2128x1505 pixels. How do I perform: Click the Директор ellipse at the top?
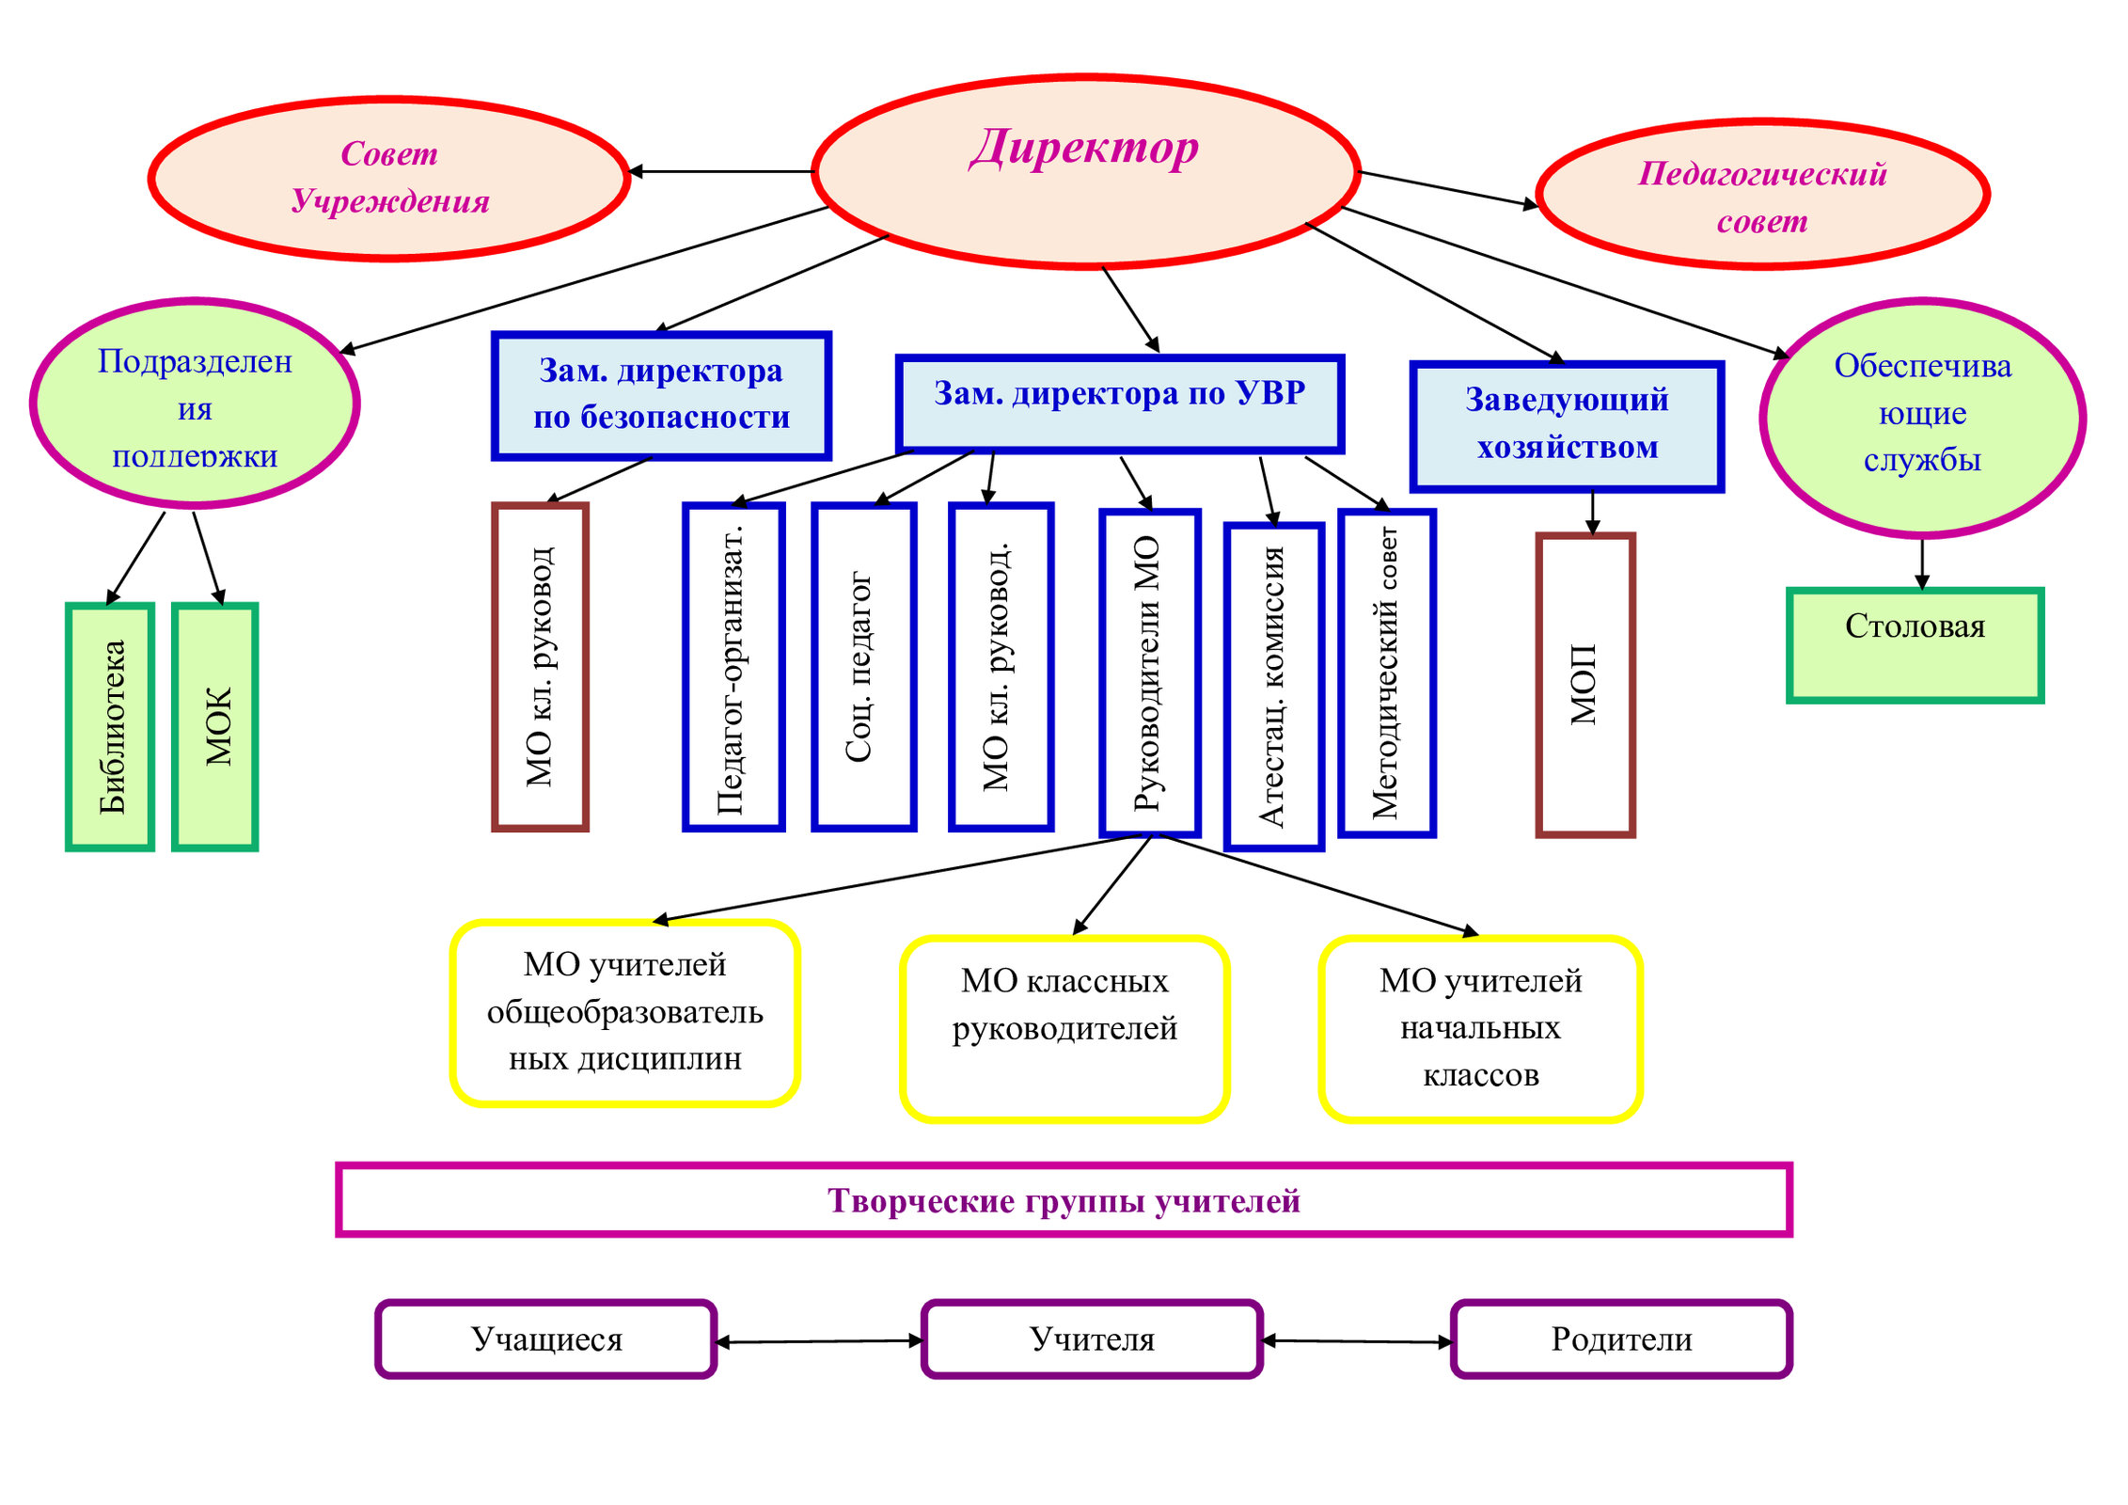click(x=1086, y=171)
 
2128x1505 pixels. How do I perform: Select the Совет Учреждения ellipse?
click(x=388, y=178)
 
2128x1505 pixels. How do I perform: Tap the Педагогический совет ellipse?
click(x=1762, y=194)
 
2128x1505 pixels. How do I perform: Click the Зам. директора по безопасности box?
click(x=661, y=395)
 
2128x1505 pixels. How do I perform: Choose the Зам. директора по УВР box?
click(x=1119, y=404)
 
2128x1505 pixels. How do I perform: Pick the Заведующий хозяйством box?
click(x=1567, y=426)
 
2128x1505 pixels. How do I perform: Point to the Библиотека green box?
click(x=110, y=727)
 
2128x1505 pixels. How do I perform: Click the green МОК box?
click(x=215, y=727)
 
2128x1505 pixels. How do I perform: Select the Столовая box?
click(x=1915, y=645)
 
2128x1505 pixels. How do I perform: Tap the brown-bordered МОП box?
click(x=1585, y=685)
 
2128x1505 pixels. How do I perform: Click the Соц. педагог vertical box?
click(x=864, y=667)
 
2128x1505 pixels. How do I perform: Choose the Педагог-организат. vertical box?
click(x=733, y=667)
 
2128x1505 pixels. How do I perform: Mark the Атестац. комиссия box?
click(x=1274, y=687)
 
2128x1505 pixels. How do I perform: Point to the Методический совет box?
click(x=1387, y=673)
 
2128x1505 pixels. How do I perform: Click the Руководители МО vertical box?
click(x=1150, y=673)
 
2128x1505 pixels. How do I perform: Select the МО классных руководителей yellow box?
click(x=1065, y=1029)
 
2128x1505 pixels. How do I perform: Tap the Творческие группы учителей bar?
click(x=1064, y=1200)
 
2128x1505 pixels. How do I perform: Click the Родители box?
click(x=1622, y=1339)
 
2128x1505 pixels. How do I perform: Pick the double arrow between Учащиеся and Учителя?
click(x=820, y=1341)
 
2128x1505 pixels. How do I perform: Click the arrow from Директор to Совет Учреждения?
click(x=720, y=171)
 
